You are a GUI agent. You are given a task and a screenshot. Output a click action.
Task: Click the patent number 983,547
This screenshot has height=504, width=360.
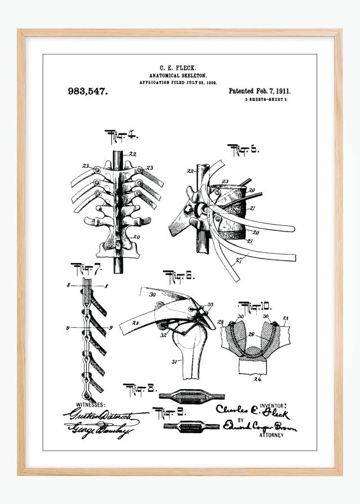(x=87, y=91)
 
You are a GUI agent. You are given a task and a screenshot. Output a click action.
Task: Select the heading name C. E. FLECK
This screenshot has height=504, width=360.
(x=178, y=68)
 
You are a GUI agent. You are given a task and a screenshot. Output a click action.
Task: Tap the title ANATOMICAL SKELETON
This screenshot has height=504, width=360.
(x=178, y=75)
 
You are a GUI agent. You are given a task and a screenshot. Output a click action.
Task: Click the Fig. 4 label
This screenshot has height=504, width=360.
(x=122, y=135)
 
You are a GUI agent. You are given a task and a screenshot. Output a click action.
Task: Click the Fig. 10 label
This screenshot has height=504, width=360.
(x=255, y=307)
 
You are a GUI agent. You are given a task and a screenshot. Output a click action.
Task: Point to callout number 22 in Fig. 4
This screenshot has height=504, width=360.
(x=132, y=154)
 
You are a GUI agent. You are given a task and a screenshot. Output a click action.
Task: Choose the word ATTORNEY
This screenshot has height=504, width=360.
(x=272, y=435)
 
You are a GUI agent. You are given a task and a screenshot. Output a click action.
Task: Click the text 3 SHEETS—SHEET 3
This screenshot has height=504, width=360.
(x=266, y=99)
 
